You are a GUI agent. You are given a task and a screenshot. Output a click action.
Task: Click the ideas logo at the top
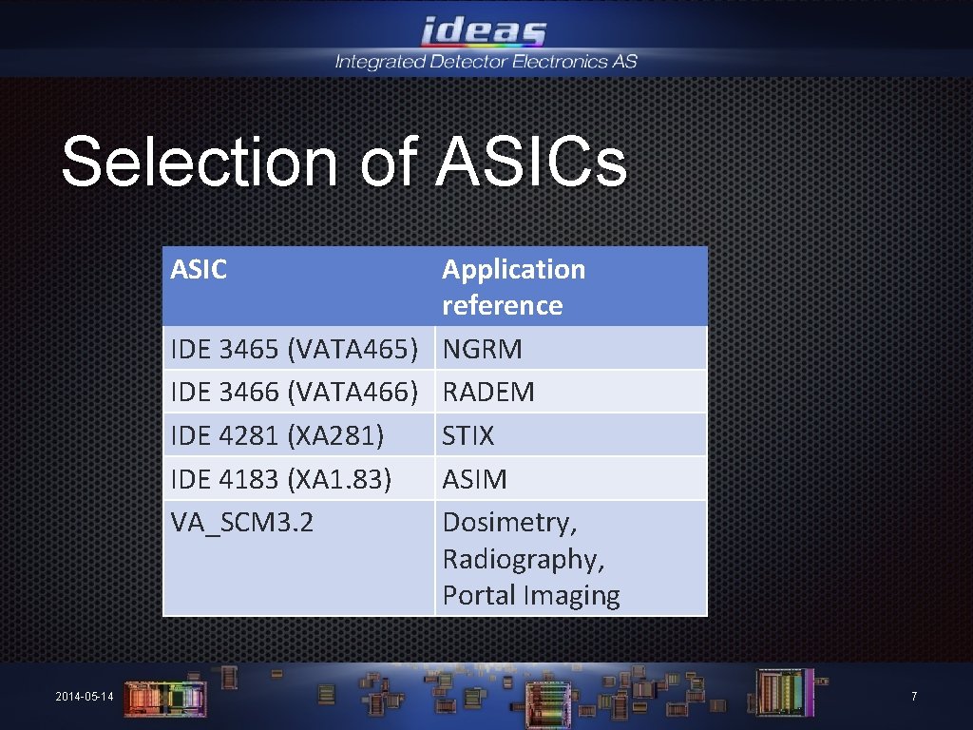tap(485, 30)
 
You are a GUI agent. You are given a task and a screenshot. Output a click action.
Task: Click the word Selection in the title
tap(200, 162)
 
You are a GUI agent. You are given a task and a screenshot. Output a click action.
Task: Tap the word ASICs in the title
tap(532, 162)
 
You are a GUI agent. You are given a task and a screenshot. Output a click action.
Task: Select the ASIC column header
tap(199, 270)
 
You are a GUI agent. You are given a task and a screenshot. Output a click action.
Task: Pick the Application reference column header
tap(513, 287)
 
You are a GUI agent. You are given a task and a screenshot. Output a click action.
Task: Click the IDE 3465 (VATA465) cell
tap(295, 349)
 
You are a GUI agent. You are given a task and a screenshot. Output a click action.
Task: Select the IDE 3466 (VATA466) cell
tap(295, 392)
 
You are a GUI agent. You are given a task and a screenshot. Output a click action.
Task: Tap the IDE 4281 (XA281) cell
tap(277, 435)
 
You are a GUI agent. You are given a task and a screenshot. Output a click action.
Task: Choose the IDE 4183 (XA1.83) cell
tap(280, 479)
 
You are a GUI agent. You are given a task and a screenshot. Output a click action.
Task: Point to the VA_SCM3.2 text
tap(241, 522)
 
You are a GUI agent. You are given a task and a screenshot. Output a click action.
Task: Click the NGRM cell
tap(483, 349)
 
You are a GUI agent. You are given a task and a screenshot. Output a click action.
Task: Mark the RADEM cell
tap(488, 392)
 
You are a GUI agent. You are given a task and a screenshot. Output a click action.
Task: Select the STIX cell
tap(468, 435)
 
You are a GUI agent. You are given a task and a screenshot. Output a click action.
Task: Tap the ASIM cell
tap(474, 479)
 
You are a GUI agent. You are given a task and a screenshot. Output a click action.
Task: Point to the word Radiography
tap(523, 559)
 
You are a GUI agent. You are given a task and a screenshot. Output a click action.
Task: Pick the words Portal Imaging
tap(530, 596)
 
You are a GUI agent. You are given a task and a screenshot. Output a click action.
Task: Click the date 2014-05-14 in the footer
tap(84, 697)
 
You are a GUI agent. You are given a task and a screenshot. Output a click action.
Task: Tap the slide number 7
tap(914, 697)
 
